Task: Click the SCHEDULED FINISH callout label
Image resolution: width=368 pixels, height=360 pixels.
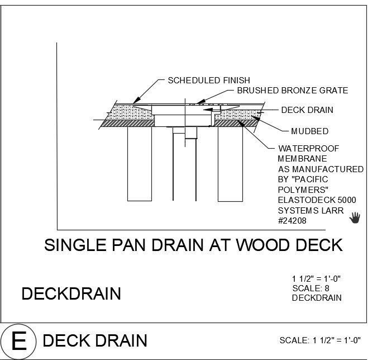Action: (x=209, y=80)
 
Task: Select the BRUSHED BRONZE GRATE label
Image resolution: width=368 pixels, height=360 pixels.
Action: (x=292, y=90)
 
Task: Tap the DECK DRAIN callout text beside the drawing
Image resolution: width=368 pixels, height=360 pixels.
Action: (x=307, y=110)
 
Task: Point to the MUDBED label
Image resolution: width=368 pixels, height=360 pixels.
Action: (x=309, y=131)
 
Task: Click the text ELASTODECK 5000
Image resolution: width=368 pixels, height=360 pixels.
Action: (x=317, y=200)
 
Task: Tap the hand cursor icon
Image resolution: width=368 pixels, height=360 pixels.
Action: (x=355, y=217)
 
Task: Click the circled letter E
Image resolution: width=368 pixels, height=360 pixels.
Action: (x=19, y=340)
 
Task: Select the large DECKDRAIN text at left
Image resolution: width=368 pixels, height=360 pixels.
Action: (x=71, y=293)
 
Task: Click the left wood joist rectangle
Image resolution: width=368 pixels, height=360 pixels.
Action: (x=139, y=163)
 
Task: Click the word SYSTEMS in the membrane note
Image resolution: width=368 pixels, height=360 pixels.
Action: (x=296, y=210)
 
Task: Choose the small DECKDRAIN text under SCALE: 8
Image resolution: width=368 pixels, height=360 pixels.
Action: (x=317, y=298)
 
